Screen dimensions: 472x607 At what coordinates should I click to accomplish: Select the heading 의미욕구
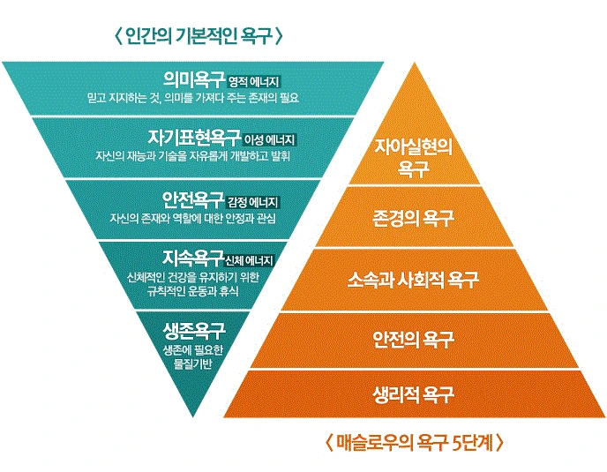[x=194, y=79]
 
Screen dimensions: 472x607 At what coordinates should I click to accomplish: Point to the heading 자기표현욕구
[x=194, y=138]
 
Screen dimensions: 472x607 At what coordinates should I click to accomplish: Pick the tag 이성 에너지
[x=272, y=139]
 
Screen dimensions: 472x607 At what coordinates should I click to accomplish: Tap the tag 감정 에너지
[x=253, y=201]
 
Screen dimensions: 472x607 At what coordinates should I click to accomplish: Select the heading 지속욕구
[x=193, y=258]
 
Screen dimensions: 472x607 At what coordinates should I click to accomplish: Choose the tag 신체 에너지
[x=251, y=260]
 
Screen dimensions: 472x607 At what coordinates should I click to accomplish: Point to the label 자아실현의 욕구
[x=414, y=155]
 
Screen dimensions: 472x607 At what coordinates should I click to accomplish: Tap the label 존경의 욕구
[x=413, y=217]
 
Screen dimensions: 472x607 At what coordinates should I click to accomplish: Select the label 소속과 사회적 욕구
[x=413, y=280]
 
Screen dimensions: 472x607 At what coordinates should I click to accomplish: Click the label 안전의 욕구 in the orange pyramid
[x=413, y=338]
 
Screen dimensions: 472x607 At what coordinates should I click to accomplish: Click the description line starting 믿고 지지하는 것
[x=194, y=96]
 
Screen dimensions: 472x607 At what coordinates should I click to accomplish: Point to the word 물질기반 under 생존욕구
[x=194, y=364]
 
